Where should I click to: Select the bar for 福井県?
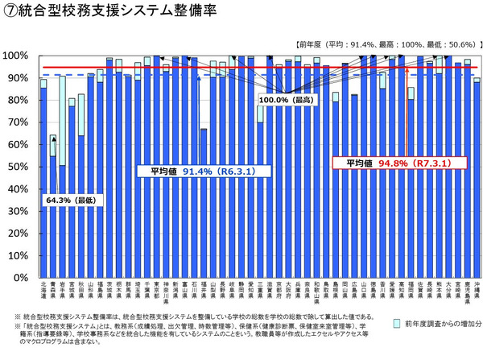(x=204, y=201)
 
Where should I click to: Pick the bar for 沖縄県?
(x=477, y=177)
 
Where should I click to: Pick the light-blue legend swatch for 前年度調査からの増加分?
(x=397, y=323)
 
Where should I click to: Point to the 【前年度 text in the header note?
(x=311, y=44)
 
